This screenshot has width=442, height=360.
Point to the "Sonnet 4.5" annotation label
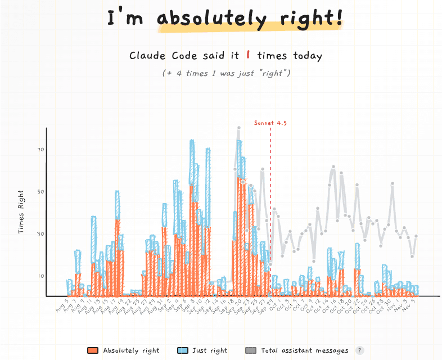(270, 123)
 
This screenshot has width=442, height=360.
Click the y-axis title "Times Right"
(21, 211)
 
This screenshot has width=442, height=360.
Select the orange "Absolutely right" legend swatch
(93, 350)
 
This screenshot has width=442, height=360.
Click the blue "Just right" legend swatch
(182, 350)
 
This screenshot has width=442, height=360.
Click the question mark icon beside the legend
(358, 350)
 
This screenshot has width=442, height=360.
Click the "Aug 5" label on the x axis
(63, 307)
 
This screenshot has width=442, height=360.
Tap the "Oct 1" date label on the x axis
(271, 307)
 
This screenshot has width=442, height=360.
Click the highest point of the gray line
(238, 128)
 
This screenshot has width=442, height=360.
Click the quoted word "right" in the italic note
(276, 73)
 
